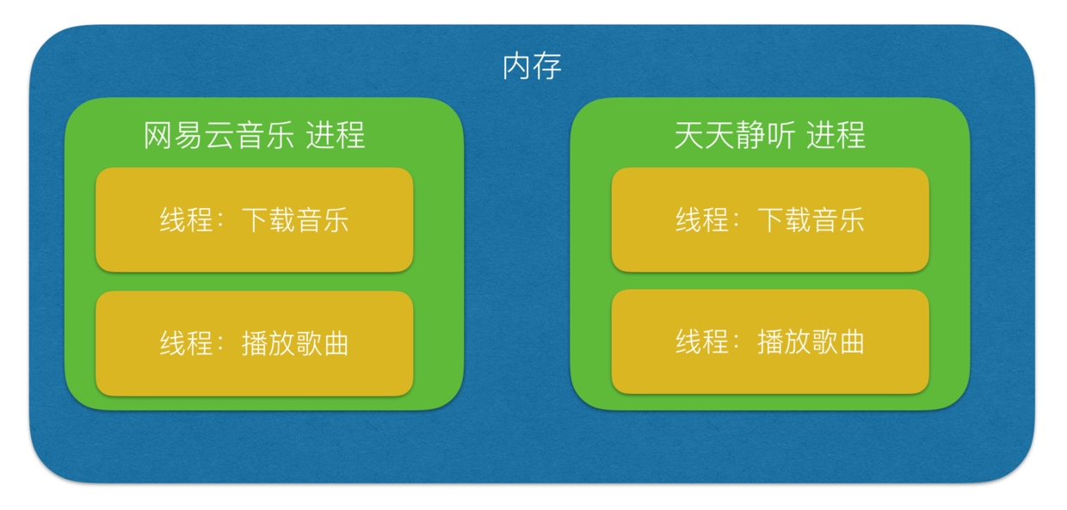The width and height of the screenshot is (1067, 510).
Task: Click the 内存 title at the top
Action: (532, 66)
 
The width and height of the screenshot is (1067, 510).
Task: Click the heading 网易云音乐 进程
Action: (255, 136)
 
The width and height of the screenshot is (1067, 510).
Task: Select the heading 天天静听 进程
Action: (769, 136)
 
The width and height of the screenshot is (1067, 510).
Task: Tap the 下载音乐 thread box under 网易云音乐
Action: (255, 220)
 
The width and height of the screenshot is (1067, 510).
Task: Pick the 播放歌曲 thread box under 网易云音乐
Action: (255, 343)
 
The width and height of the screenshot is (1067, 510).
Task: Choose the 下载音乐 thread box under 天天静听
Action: (770, 220)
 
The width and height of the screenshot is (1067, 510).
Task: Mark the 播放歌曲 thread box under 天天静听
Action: (770, 342)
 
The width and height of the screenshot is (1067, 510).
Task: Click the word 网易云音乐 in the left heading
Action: (219, 136)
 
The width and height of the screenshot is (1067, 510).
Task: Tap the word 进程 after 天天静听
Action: (836, 136)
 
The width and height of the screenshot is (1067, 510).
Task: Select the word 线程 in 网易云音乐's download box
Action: (186, 220)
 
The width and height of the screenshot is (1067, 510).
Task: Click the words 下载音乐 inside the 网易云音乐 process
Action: (295, 220)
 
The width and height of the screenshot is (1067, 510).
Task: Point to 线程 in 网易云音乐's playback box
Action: (186, 343)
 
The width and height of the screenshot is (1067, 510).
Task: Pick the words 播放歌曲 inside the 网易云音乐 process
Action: (295, 343)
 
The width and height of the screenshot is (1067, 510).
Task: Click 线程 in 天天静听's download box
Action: (701, 220)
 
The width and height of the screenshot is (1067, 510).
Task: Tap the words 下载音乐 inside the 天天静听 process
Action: (811, 220)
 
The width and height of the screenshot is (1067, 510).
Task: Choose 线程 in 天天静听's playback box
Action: (701, 342)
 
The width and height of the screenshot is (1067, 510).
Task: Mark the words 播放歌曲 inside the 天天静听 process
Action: (811, 342)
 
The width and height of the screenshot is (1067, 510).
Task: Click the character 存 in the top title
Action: (547, 66)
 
